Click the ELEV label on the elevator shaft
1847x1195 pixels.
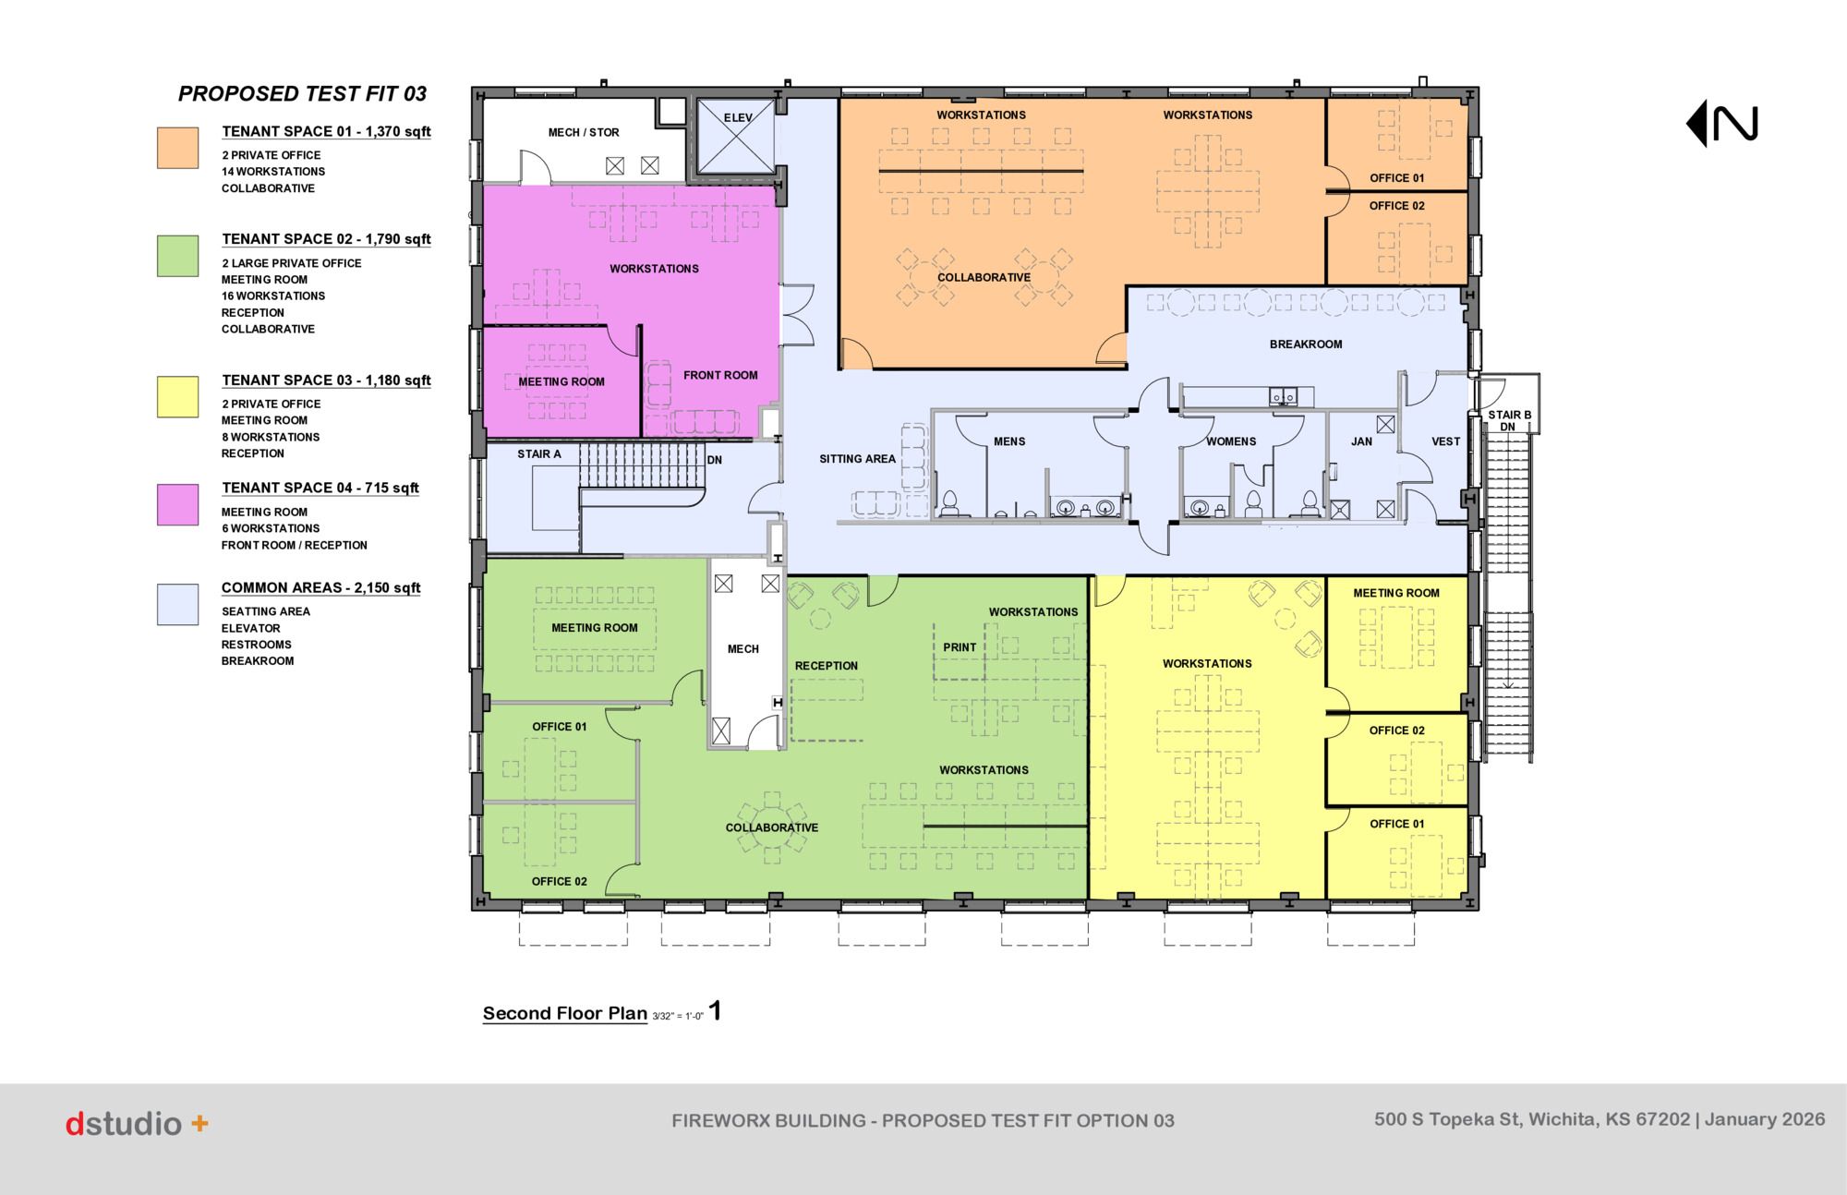738,117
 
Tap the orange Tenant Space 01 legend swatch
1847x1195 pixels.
177,148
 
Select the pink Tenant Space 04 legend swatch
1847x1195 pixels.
177,504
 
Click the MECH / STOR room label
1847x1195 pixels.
584,132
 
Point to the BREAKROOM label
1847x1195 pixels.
1306,344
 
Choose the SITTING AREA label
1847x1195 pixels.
857,459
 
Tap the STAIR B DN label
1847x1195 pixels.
1509,421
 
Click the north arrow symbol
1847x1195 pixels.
1722,125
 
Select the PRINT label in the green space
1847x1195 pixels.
960,647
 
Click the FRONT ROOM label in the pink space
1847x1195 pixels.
720,375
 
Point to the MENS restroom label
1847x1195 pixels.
1009,441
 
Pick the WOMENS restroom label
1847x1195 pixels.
1231,441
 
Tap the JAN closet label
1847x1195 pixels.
1361,441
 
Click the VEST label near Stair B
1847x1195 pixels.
1446,441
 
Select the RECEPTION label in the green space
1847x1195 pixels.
827,666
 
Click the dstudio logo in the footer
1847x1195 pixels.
137,1124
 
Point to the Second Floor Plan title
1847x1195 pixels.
565,1013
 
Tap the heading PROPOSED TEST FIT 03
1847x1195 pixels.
303,93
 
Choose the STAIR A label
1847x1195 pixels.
539,454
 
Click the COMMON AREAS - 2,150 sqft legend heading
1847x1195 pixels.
320,587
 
